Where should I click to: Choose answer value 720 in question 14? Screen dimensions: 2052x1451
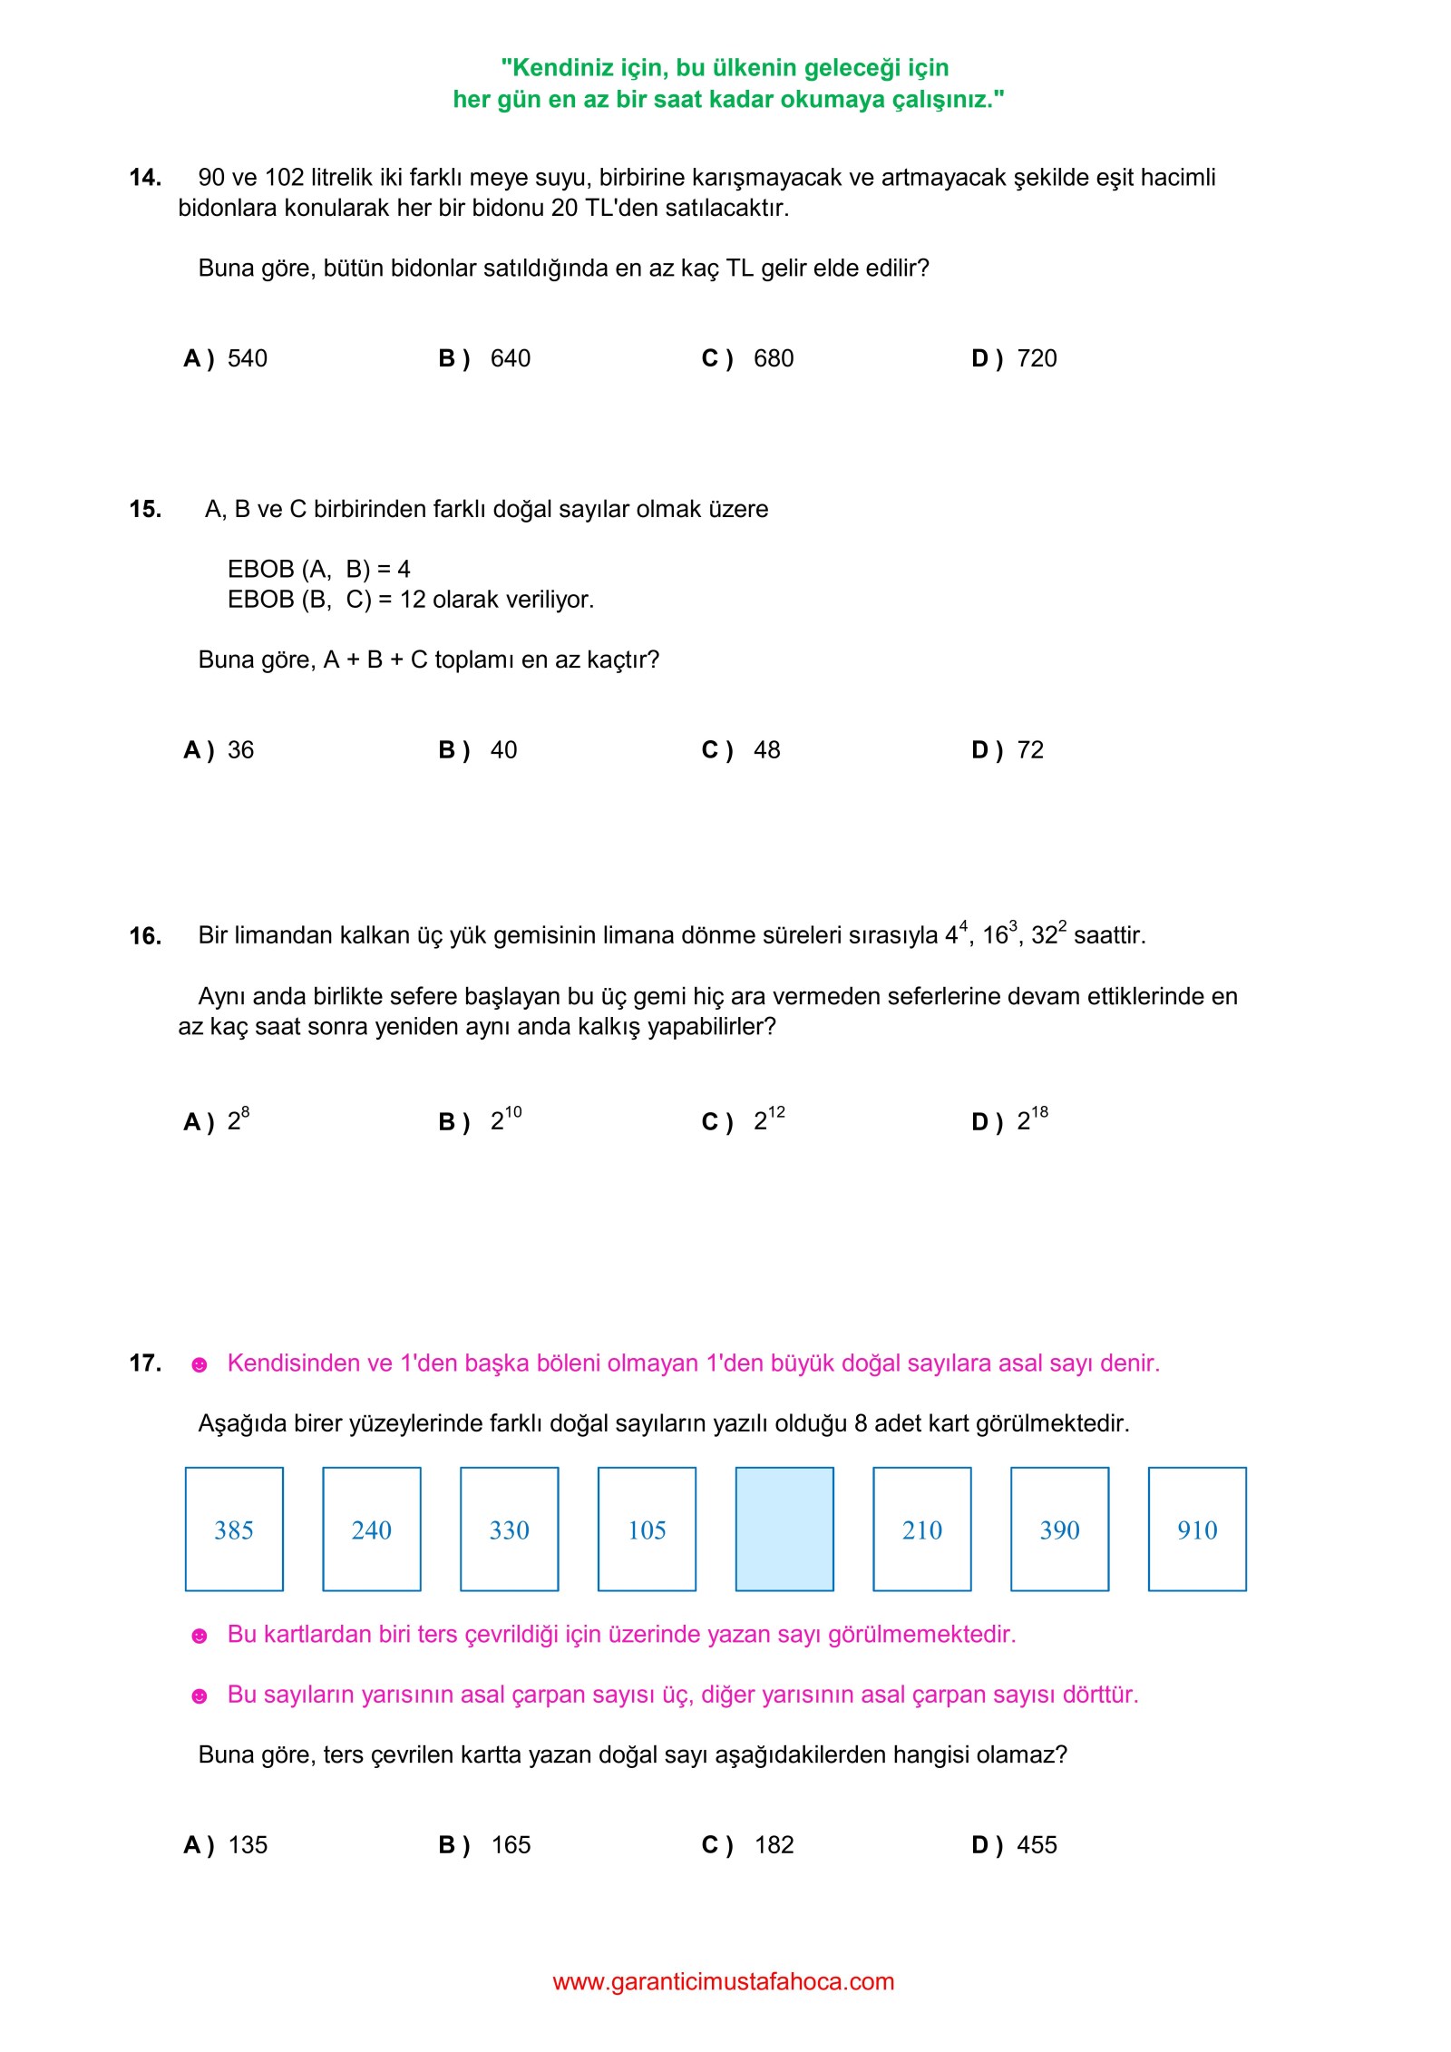pos(1037,358)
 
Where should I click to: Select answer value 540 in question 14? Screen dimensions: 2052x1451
pos(248,358)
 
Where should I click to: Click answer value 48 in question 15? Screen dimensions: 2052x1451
pos(766,750)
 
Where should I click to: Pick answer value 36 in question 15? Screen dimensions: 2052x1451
pos(240,750)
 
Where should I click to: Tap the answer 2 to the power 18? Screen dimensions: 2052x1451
pos(1032,1120)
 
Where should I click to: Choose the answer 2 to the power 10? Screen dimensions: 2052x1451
pos(506,1120)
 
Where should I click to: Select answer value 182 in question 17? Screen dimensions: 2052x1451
pos(774,1845)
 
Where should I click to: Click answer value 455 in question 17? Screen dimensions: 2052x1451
pos(1037,1845)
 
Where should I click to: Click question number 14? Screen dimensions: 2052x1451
pos(145,178)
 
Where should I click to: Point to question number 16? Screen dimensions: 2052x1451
pos(145,936)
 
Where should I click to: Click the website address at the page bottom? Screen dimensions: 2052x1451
pos(724,1981)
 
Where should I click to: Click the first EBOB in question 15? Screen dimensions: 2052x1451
pos(261,569)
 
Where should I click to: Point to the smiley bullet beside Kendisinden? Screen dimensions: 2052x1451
pos(200,1364)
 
